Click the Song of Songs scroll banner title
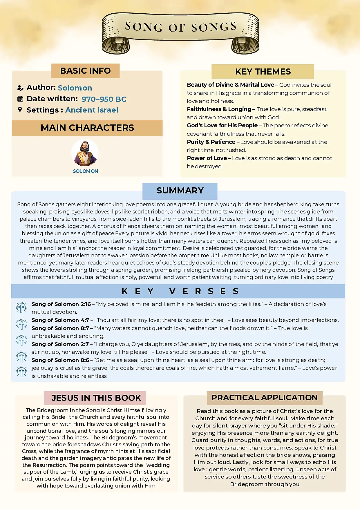coord(180,27)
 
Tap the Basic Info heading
coord(85,71)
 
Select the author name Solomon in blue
coord(75,88)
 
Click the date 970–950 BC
coord(104,99)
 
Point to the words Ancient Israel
coord(92,110)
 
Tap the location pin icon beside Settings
coord(20,110)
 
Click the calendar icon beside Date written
coord(20,99)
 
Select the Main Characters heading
coord(87,128)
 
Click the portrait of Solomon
coord(85,153)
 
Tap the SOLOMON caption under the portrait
coord(85,171)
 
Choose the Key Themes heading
coord(263,72)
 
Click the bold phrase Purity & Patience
coord(211,142)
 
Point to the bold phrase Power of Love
coord(207,158)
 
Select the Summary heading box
coord(180,191)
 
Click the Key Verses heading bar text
coord(180,291)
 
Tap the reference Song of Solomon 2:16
coord(61,304)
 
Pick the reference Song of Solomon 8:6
coord(60,360)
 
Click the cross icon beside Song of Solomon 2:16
coord(21,307)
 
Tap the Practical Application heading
coord(264,398)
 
